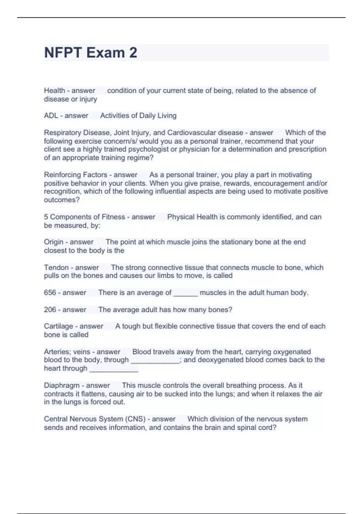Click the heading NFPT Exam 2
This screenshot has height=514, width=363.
point(90,53)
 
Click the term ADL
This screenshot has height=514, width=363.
point(51,115)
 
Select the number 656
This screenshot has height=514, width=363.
point(50,293)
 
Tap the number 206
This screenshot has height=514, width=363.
point(50,310)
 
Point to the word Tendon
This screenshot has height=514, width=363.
point(56,268)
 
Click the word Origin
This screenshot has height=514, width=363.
point(54,242)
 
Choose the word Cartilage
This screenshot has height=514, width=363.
point(58,326)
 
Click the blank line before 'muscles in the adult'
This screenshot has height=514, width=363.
point(185,293)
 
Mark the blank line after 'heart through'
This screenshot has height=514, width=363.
point(114,369)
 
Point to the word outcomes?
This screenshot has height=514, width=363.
point(62,200)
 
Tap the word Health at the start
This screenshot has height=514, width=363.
point(54,90)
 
